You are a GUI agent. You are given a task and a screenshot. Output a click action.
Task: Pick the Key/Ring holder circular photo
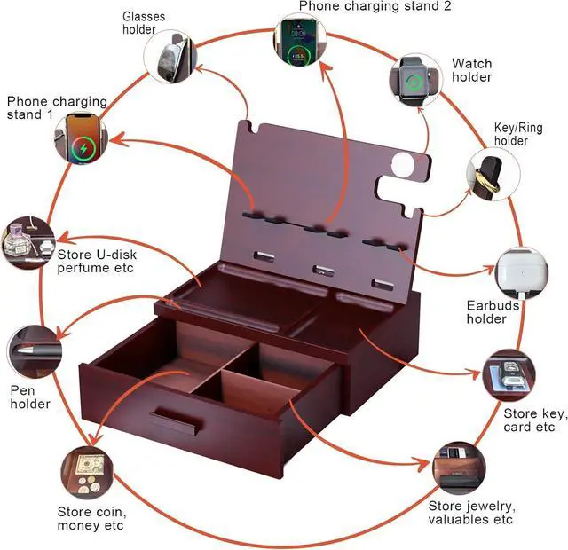(x=491, y=171)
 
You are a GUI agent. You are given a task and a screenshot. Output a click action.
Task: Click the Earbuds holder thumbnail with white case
(x=522, y=273)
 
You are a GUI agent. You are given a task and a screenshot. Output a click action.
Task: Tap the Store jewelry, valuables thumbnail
(x=460, y=468)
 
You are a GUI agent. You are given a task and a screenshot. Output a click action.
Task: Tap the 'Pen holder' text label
(x=30, y=397)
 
